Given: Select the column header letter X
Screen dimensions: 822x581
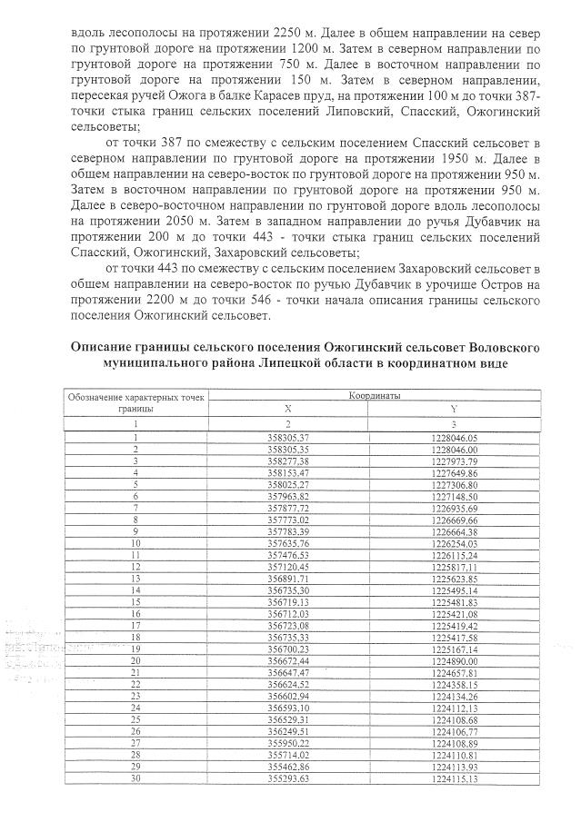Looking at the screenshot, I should coord(289,409).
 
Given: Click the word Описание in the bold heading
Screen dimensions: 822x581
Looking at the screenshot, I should coord(107,347).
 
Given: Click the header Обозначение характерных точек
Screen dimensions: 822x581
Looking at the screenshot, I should coord(135,397).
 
